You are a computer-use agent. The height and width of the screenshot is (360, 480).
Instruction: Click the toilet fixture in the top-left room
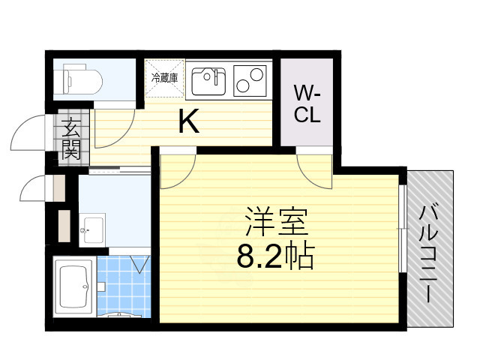(x=76, y=77)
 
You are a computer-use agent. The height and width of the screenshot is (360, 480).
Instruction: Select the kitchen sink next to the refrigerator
(x=208, y=79)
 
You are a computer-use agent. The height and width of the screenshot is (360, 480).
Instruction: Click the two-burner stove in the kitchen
(x=250, y=79)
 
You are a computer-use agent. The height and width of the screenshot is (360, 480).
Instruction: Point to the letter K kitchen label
(x=188, y=122)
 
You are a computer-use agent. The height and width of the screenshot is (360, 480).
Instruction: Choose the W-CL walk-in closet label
(x=307, y=104)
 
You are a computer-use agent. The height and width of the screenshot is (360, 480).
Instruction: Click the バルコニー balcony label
(x=430, y=250)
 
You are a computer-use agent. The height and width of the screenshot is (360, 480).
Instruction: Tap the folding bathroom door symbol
(x=139, y=263)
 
